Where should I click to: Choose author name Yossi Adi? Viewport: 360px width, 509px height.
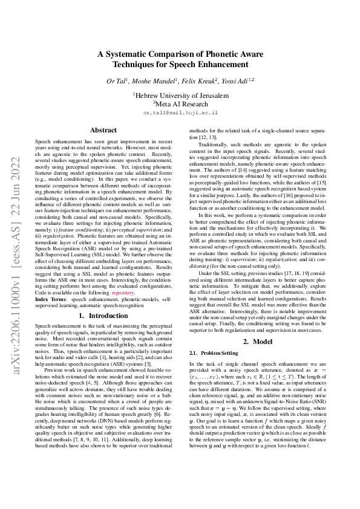[x=238, y=80]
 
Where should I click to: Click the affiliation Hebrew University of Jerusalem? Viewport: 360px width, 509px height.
[x=182, y=95]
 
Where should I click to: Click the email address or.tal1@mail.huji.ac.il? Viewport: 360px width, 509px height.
[x=180, y=112]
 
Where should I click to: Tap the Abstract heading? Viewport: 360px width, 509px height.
[x=103, y=130]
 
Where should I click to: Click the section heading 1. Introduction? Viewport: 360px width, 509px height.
[x=103, y=316]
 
